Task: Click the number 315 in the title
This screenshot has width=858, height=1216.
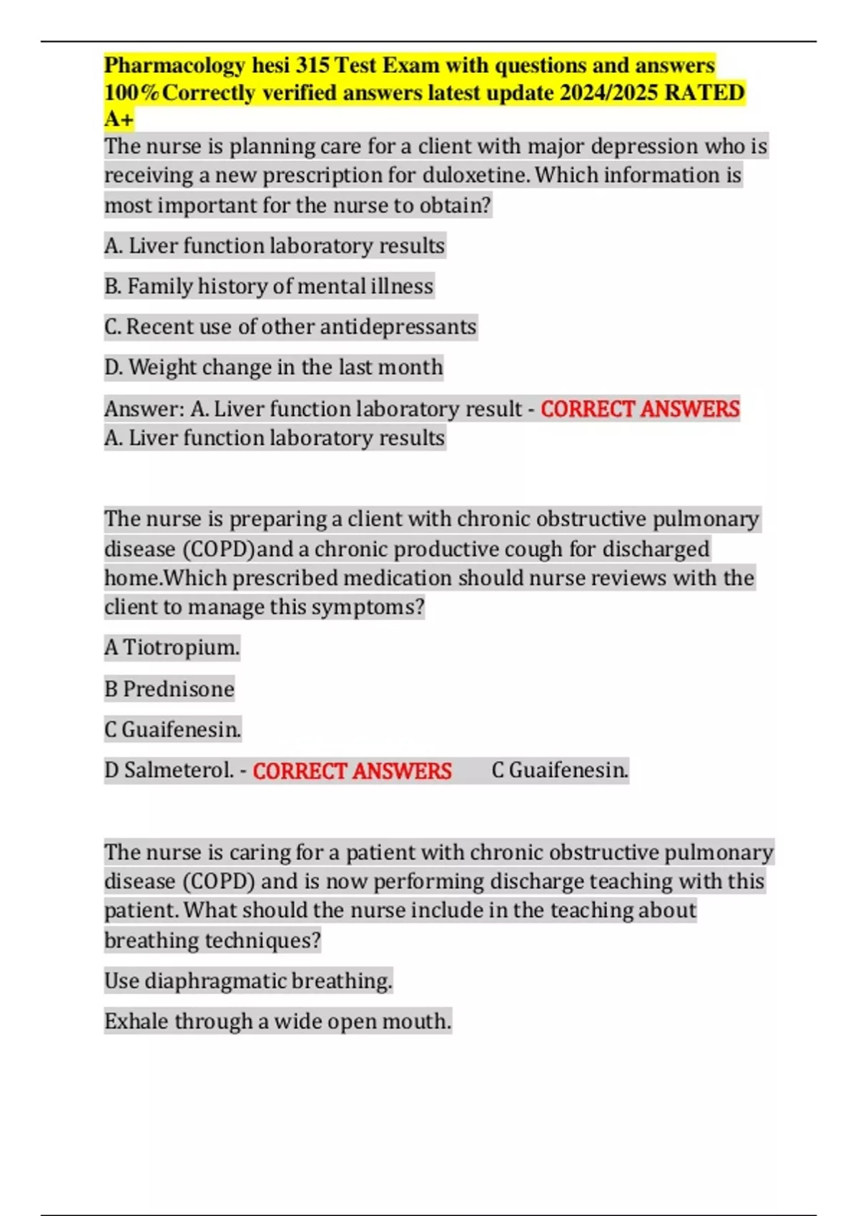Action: (x=312, y=66)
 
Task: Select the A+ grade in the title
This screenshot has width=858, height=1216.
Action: (x=119, y=119)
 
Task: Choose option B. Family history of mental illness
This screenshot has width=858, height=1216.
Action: (x=269, y=286)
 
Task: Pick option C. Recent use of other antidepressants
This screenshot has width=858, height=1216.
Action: (x=290, y=327)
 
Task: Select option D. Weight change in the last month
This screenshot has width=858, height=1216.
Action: (x=274, y=368)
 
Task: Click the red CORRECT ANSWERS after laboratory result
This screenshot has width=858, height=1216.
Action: (x=640, y=409)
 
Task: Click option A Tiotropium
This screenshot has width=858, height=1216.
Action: (x=172, y=648)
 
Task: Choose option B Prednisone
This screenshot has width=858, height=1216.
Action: (x=169, y=689)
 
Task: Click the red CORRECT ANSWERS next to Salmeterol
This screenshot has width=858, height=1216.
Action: (x=352, y=771)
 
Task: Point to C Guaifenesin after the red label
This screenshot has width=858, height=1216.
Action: (x=560, y=770)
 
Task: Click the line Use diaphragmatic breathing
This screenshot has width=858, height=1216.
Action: (x=248, y=981)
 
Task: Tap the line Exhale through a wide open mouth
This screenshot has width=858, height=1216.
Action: (x=277, y=1021)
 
